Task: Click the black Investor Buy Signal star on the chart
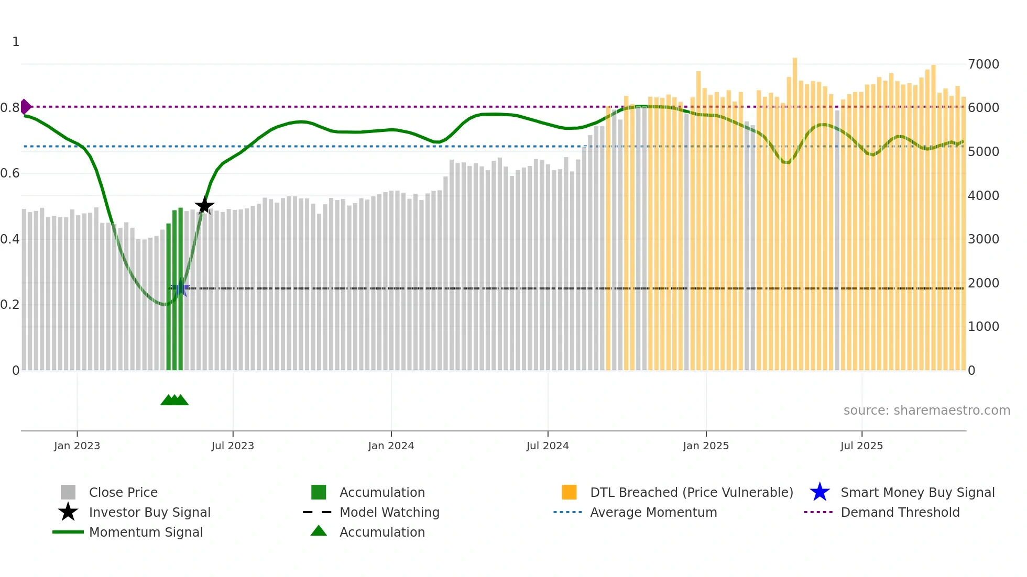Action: click(x=204, y=205)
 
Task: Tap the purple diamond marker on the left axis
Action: click(x=25, y=107)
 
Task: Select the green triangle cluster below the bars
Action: click(x=174, y=400)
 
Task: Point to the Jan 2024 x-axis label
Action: click(x=391, y=446)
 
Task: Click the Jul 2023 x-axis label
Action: click(x=233, y=446)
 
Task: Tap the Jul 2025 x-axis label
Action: click(x=861, y=446)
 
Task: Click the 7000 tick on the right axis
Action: click(x=984, y=64)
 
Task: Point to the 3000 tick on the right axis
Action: click(x=984, y=239)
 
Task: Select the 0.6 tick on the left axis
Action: click(x=10, y=173)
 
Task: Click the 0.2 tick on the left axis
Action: click(x=10, y=304)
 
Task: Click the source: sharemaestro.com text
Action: click(x=926, y=410)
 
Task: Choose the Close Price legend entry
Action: click(x=123, y=492)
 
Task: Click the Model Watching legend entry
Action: click(x=389, y=512)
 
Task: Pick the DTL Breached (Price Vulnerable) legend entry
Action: click(x=691, y=492)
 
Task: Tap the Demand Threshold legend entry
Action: click(x=900, y=512)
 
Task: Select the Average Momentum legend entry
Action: click(x=653, y=512)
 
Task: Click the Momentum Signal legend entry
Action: click(x=146, y=532)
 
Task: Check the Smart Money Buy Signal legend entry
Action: click(x=917, y=492)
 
